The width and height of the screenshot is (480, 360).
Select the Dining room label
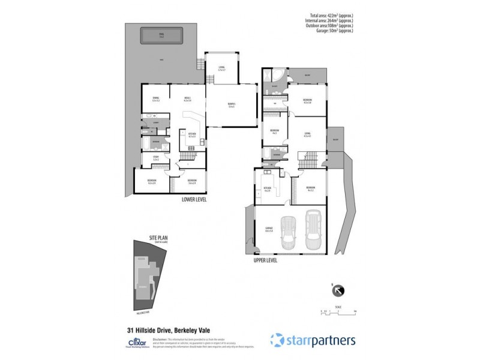155,99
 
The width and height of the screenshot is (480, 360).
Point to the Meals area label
187,99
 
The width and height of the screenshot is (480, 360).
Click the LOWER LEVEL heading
194,199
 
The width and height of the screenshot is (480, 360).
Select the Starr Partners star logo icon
277,340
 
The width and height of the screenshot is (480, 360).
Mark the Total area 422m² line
329,16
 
